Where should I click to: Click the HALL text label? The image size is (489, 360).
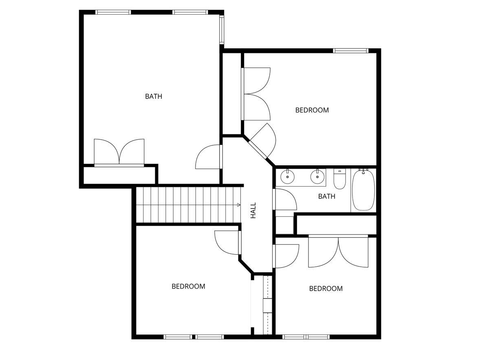coord(253,211)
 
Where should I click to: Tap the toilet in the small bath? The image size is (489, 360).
coord(339,178)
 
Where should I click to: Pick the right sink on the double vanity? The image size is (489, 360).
coord(317,176)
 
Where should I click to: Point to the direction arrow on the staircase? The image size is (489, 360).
coord(238,204)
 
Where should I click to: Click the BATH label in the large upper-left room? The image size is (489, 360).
coord(154,97)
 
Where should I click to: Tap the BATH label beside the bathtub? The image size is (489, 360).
coord(326,197)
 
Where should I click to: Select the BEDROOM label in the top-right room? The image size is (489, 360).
coord(312,110)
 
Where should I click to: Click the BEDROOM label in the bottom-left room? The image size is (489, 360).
coord(188,286)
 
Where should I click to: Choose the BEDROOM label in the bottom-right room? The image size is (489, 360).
coord(326,289)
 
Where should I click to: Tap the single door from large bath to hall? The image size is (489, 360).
coord(209,157)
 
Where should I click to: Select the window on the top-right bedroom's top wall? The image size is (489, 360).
coord(350,50)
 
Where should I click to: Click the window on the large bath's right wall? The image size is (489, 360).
coord(222,29)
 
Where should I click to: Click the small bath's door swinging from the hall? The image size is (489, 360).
coord(285,199)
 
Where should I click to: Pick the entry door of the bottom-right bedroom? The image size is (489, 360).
coord(286,256)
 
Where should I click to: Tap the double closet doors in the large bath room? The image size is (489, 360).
coord(119,152)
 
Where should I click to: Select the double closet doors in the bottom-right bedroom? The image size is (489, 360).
coord(338,252)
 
